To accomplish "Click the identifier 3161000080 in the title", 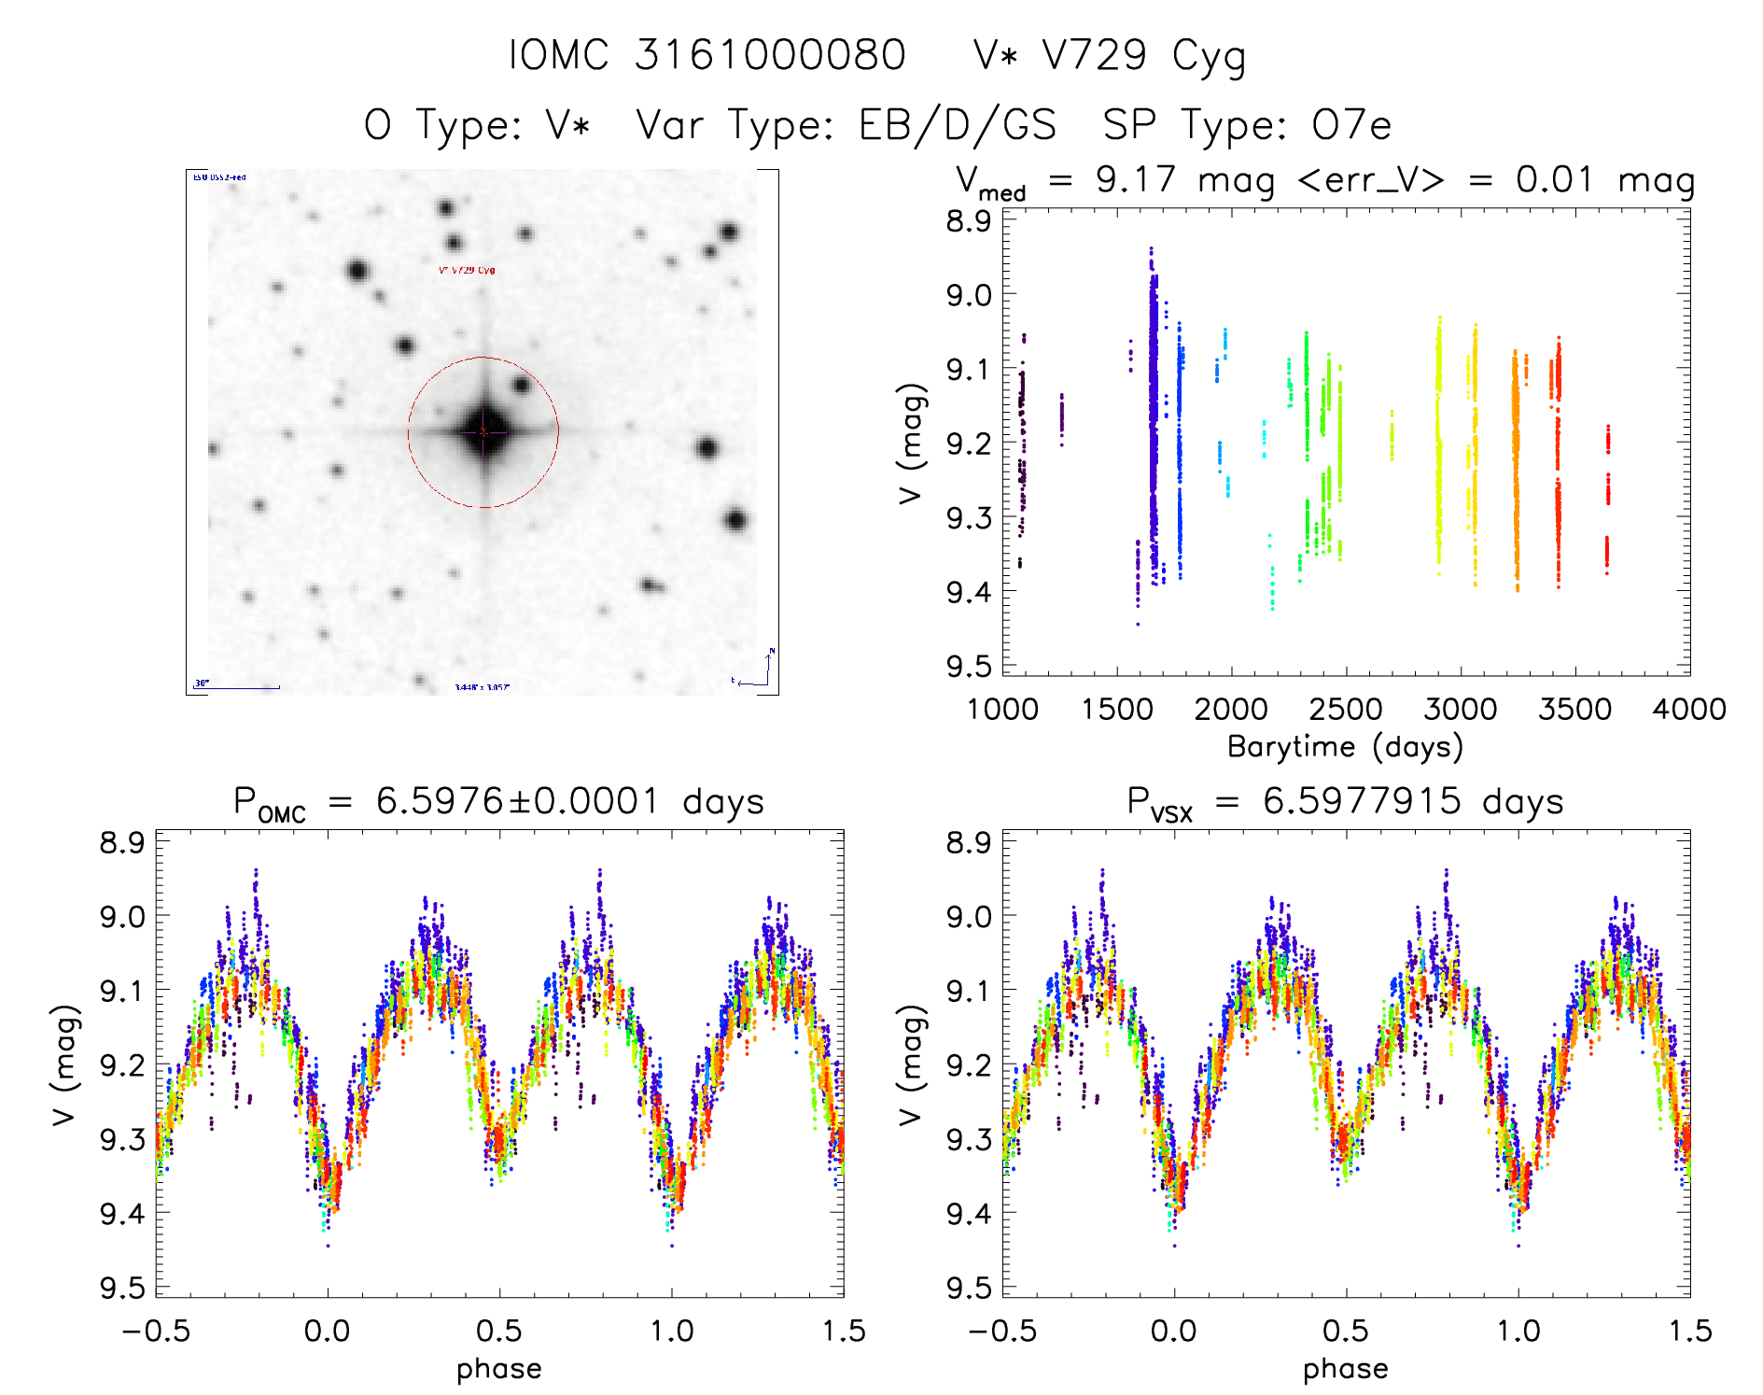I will pos(770,55).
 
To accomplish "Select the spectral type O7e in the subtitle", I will pos(1350,125).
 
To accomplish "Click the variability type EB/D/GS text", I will pos(957,125).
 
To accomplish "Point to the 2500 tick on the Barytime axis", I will pos(1345,710).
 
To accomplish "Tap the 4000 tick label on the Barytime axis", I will pos(1688,710).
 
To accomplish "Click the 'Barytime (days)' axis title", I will pos(1345,747).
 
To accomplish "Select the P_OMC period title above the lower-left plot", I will pos(498,803).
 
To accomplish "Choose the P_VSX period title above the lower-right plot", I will pos(1345,803).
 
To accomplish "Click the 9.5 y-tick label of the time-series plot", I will pos(968,667).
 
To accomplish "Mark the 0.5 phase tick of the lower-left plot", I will pos(498,1331).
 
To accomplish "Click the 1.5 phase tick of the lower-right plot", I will pos(1688,1331).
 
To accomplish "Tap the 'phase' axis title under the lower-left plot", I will pos(498,1369).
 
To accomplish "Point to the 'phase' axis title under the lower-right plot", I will pos(1345,1369).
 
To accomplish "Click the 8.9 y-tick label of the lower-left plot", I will pos(121,842).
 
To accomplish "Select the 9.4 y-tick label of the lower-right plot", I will pos(968,1213).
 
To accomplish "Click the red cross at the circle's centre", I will pos(483,432).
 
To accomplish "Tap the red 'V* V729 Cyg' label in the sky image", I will pos(467,271).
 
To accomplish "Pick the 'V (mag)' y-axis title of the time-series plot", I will pos(912,443).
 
